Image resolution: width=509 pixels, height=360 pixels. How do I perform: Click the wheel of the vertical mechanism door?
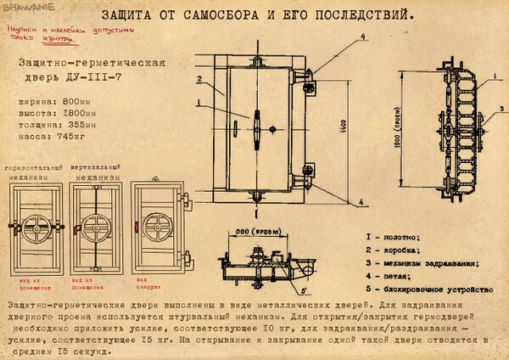pos(95,227)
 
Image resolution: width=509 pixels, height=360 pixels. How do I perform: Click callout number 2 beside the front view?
pos(198,80)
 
